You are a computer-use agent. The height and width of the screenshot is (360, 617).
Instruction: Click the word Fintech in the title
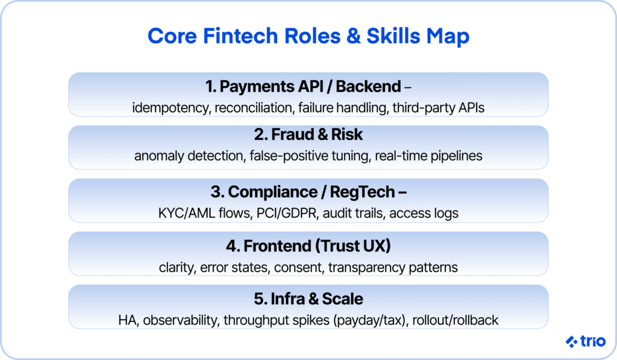pyautogui.click(x=240, y=36)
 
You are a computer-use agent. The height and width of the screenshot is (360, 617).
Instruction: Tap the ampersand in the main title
pyautogui.click(x=353, y=36)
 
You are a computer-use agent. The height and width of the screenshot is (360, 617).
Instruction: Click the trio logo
pyautogui.click(x=586, y=341)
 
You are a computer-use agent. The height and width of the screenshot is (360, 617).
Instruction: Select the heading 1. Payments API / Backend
pyautogui.click(x=303, y=86)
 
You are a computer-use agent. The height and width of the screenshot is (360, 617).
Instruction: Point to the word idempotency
pyautogui.click(x=171, y=107)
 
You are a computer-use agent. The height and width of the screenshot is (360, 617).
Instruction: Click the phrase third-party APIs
pyautogui.click(x=439, y=107)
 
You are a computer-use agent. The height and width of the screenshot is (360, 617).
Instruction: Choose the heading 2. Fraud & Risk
pyautogui.click(x=308, y=134)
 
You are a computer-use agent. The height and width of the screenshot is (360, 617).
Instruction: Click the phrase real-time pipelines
pyautogui.click(x=428, y=156)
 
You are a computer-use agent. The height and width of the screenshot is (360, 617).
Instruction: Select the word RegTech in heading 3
pyautogui.click(x=362, y=192)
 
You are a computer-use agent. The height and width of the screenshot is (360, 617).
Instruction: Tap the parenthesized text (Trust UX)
pyautogui.click(x=353, y=246)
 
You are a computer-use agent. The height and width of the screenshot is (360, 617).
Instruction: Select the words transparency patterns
pyautogui.click(x=393, y=268)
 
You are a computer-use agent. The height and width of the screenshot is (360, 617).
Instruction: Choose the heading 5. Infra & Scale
pyautogui.click(x=308, y=298)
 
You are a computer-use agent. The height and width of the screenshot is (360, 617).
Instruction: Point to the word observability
pyautogui.click(x=180, y=320)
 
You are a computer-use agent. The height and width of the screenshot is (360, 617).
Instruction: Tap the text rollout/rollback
pyautogui.click(x=456, y=320)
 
